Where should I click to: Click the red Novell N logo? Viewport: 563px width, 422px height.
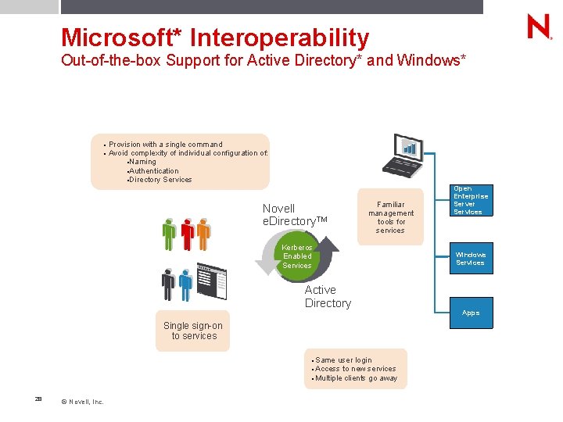point(539,28)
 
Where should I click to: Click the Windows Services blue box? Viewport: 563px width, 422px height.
point(470,259)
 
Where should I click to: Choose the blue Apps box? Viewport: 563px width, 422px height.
point(470,313)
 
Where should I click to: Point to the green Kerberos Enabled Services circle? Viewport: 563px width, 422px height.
point(297,256)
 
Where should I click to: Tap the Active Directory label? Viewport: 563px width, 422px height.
point(328,296)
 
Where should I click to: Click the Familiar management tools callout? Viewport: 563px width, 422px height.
point(390,217)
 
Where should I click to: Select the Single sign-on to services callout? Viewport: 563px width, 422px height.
point(193,331)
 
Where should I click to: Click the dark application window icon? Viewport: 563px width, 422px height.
point(211,283)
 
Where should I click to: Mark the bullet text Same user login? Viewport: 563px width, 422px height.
point(343,360)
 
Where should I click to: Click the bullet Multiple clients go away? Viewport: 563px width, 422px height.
point(356,378)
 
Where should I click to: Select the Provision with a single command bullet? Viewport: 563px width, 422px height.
point(165,145)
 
